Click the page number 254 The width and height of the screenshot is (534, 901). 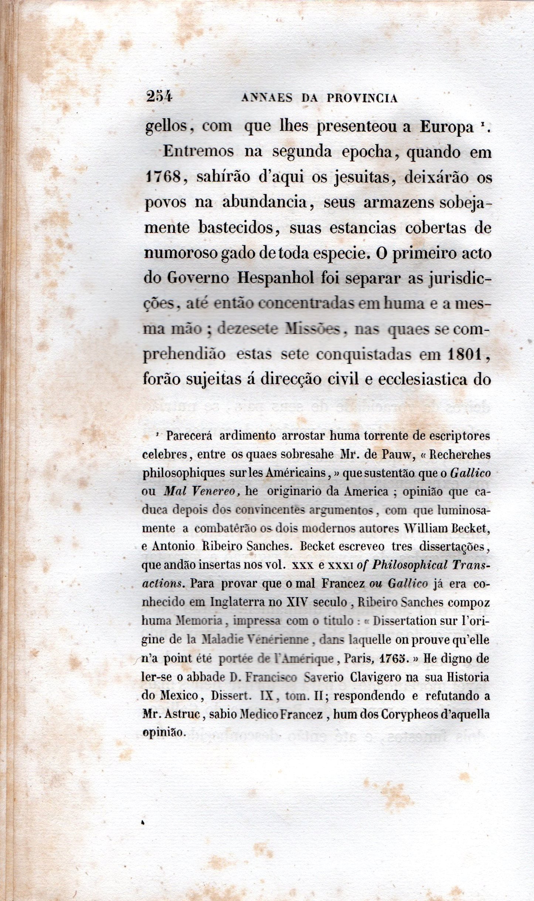click(x=159, y=97)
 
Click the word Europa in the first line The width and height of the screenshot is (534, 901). click(x=447, y=127)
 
